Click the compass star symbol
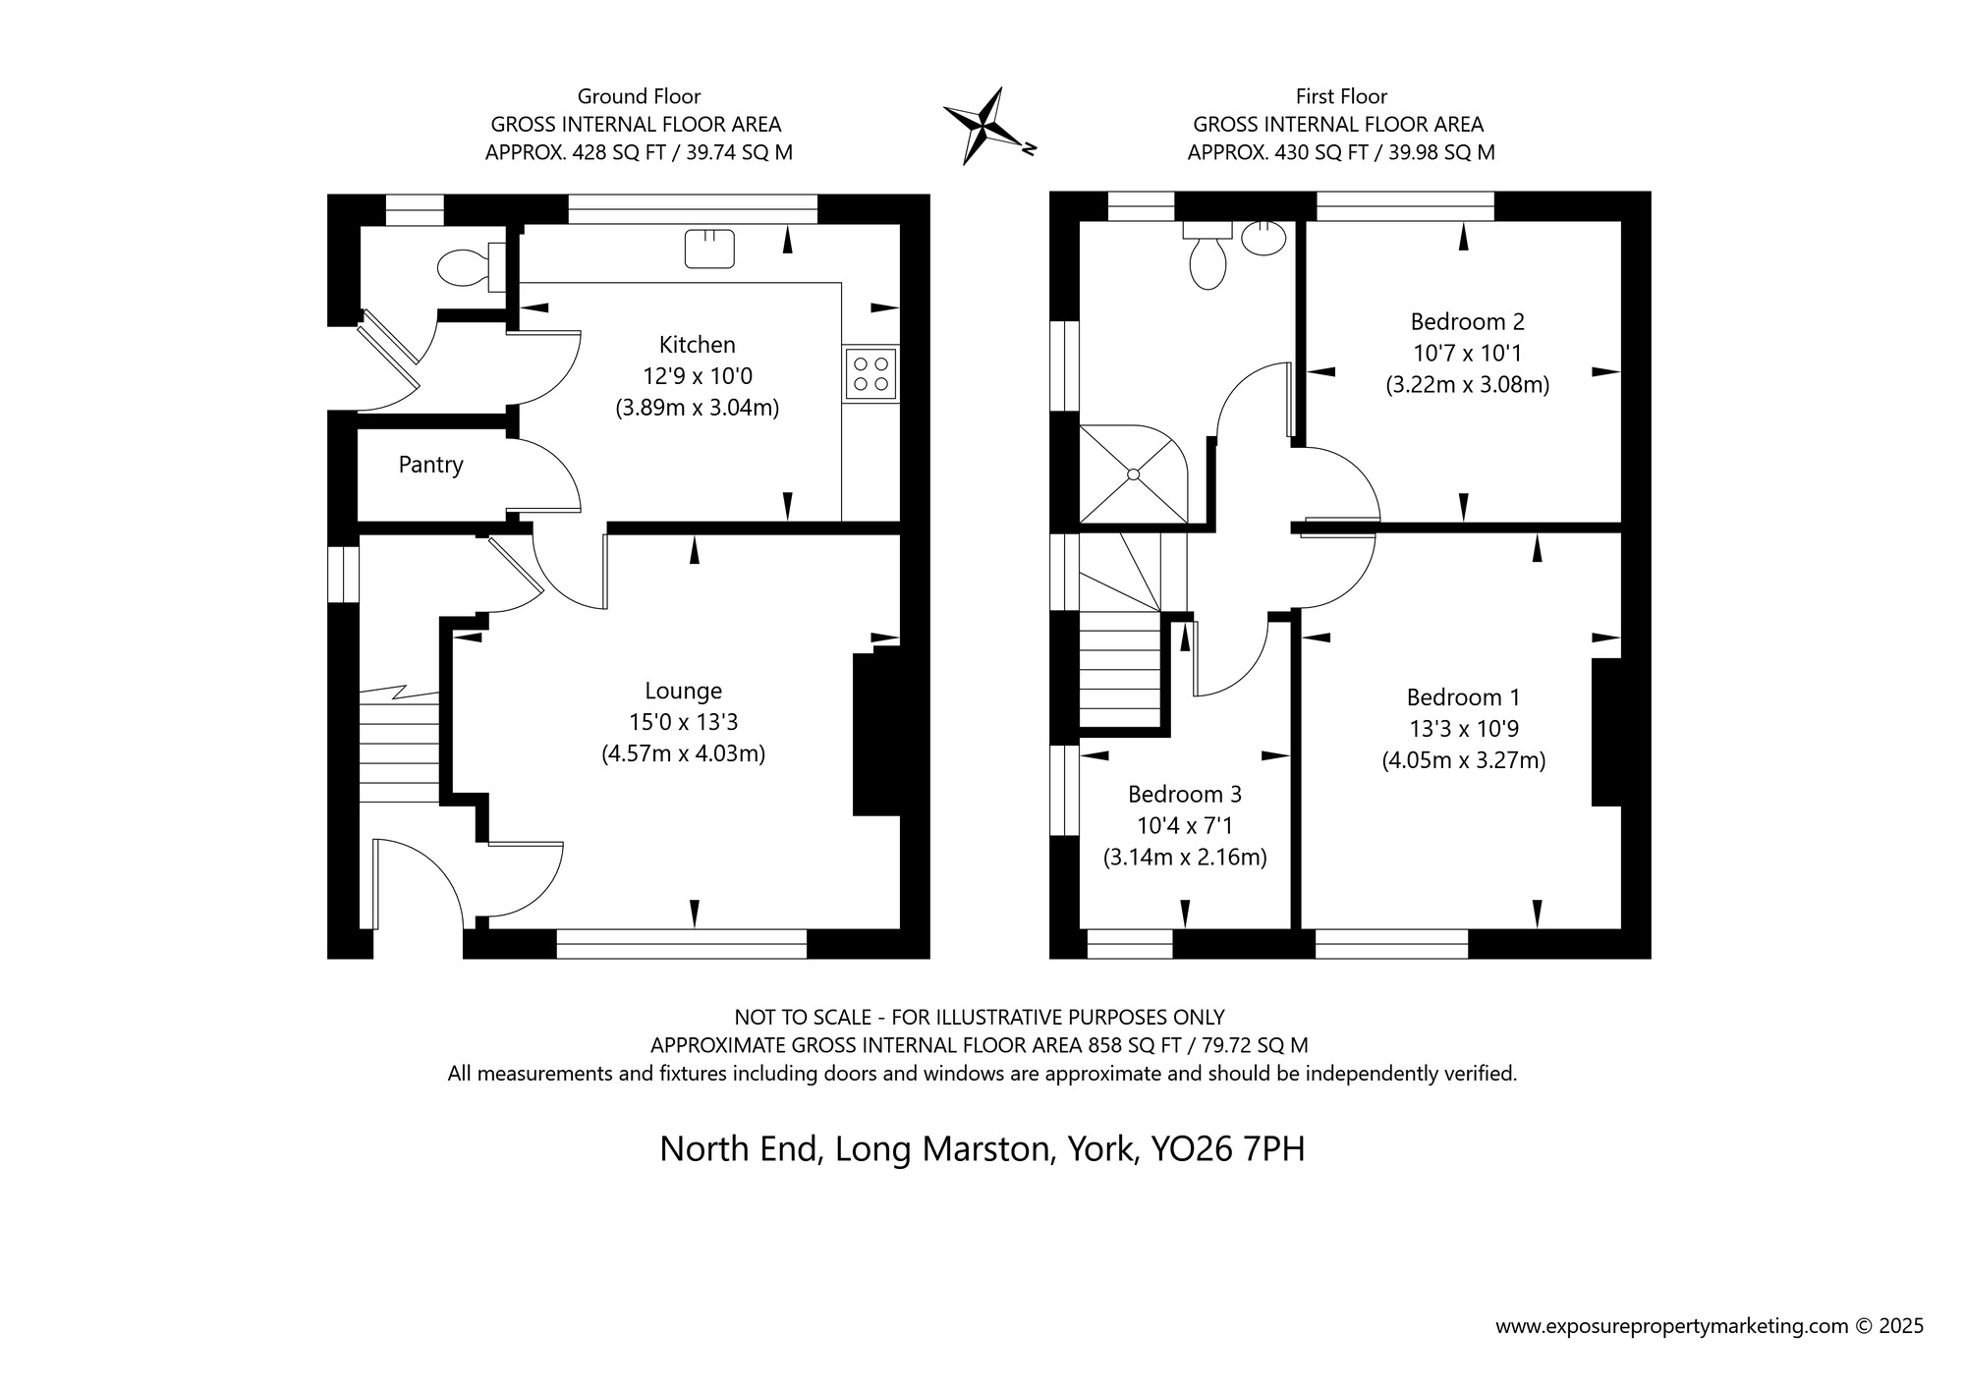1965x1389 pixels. (x=985, y=126)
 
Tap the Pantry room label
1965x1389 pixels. (x=430, y=465)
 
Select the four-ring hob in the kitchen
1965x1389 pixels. (x=870, y=373)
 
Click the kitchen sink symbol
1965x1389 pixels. (x=710, y=248)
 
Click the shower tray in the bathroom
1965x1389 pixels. (x=1133, y=473)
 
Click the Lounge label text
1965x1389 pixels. (x=683, y=691)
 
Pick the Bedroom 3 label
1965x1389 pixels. (x=1184, y=794)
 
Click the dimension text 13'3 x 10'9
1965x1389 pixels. (x=1463, y=729)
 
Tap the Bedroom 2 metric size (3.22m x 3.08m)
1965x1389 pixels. (x=1467, y=384)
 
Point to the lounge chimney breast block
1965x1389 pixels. (x=876, y=732)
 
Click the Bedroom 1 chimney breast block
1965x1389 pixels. (x=1605, y=732)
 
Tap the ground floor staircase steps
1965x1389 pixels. (x=398, y=747)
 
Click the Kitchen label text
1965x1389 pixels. (x=697, y=345)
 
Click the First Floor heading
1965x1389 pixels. (x=1341, y=96)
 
